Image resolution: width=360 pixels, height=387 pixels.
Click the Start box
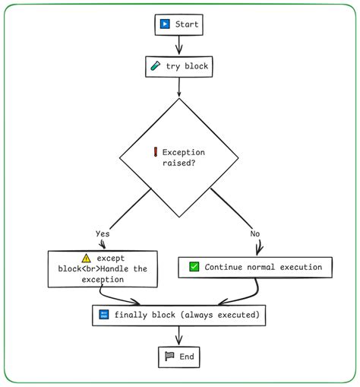tap(178, 24)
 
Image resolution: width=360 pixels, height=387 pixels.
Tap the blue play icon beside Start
tap(165, 24)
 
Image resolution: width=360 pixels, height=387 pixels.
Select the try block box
tap(178, 67)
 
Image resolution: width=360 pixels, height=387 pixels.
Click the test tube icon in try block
tap(155, 67)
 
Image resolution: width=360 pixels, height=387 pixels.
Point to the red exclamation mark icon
tap(155, 152)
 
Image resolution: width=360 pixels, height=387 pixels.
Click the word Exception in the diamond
tap(184, 152)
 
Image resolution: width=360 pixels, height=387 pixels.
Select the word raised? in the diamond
tap(178, 163)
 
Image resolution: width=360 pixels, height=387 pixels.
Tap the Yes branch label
tap(103, 233)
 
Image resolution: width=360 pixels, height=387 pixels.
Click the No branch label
tap(255, 233)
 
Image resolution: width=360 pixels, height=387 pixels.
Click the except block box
tap(103, 269)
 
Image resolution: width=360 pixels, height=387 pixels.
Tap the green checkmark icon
tap(194, 267)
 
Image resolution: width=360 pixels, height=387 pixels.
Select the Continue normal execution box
tap(255, 267)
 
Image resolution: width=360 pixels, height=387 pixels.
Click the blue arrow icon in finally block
tap(104, 315)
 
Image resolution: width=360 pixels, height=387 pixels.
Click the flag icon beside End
tap(169, 357)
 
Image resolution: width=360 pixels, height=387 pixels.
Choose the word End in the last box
tap(186, 357)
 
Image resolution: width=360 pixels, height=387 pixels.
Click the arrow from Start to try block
tap(178, 46)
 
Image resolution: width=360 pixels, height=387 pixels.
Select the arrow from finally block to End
tap(178, 336)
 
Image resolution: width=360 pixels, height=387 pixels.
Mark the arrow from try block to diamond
tap(178, 87)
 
